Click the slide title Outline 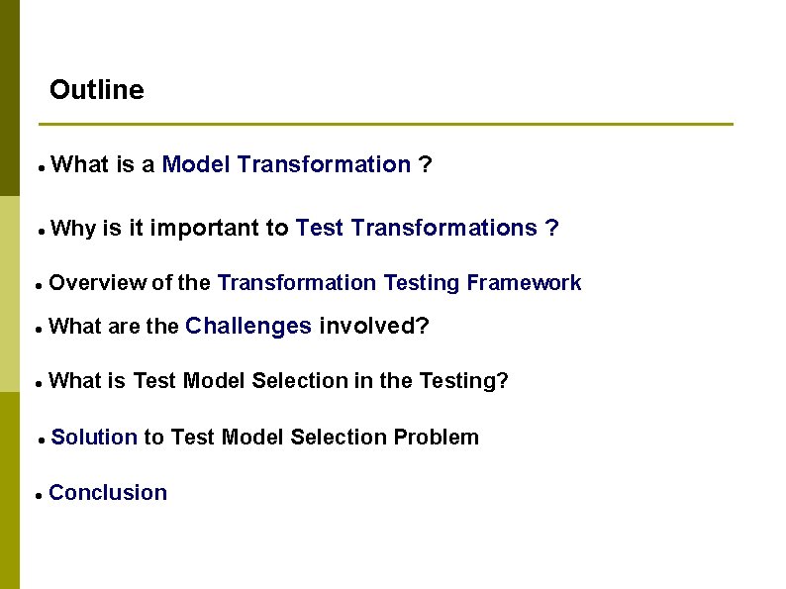[96, 90]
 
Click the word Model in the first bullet [196, 164]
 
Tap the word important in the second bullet [206, 229]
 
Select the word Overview [96, 283]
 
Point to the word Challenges [248, 326]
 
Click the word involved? [374, 326]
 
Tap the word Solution [93, 438]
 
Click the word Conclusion [108, 493]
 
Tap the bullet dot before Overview [37, 285]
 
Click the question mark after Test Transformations [552, 229]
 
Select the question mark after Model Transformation [425, 164]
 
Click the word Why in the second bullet [72, 229]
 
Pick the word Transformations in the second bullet [443, 229]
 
